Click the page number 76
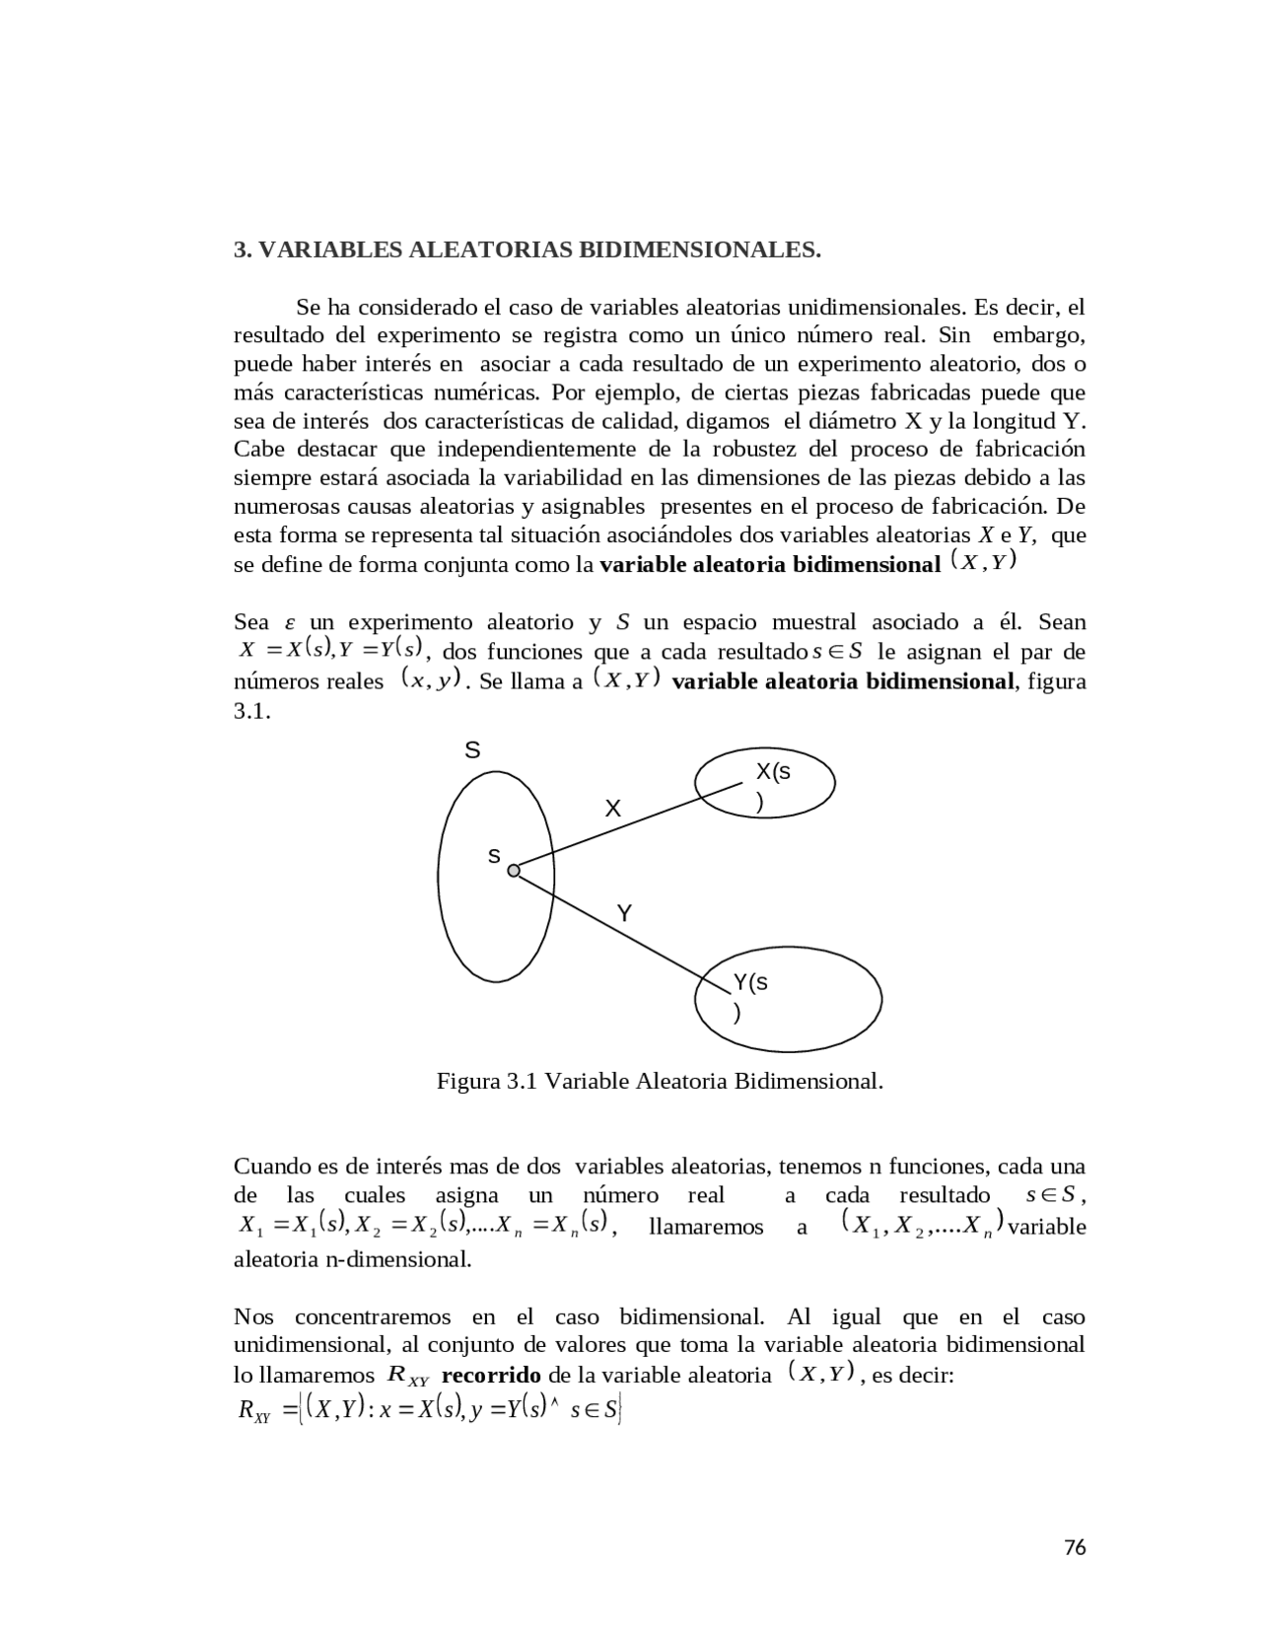click(1075, 1547)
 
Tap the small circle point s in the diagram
click(514, 871)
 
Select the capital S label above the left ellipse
click(472, 751)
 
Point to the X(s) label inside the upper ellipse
click(772, 786)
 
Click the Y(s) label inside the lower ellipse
click(749, 996)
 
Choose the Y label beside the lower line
click(623, 914)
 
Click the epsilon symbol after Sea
click(290, 623)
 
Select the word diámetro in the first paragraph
click(852, 421)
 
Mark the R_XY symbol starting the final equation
click(254, 1411)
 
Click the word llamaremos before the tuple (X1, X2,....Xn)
click(706, 1227)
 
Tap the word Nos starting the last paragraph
click(253, 1316)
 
